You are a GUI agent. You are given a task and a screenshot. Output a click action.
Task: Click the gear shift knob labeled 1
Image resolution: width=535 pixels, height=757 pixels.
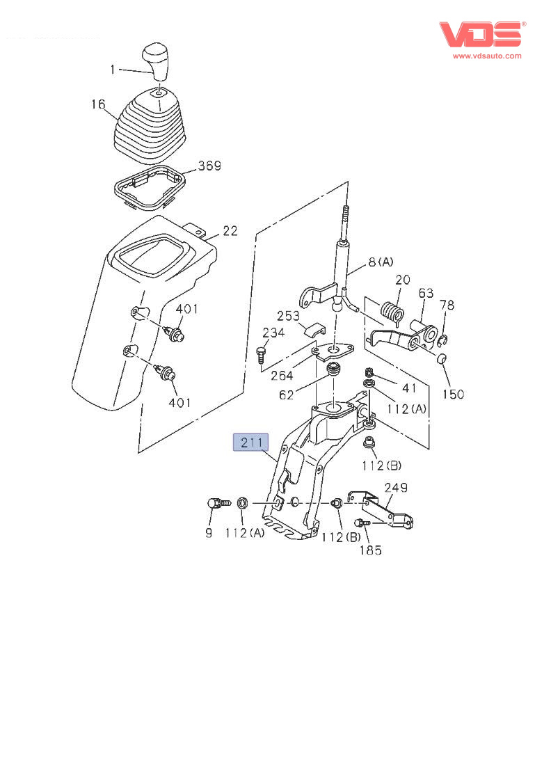pos(155,61)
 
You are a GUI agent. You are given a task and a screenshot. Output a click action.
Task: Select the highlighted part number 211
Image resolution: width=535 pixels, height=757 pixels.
pos(250,443)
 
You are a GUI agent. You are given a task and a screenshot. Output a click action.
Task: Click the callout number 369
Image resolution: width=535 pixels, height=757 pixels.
pos(209,166)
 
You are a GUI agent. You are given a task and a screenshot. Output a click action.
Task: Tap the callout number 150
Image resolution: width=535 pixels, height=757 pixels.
pos(453,395)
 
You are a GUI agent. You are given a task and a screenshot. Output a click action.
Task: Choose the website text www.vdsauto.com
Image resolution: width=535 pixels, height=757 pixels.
pos(487,56)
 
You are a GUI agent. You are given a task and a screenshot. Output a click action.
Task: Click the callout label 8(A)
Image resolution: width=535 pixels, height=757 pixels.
pos(381,262)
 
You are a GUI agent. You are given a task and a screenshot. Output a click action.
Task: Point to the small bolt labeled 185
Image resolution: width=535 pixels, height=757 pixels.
pos(362,523)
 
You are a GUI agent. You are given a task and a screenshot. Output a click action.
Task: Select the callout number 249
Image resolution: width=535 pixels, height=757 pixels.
pos(396,488)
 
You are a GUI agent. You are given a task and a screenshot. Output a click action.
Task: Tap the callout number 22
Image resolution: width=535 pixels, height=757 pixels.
pos(230,231)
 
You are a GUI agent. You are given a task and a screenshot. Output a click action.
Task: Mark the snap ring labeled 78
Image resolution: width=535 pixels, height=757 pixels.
pos(442,340)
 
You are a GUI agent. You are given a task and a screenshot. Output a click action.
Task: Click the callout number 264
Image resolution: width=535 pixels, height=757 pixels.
pos(282,376)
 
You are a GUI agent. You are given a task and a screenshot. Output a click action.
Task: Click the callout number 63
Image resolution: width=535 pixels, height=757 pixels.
pos(426,293)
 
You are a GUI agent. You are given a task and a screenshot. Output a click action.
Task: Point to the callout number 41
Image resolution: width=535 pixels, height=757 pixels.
pos(409,388)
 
